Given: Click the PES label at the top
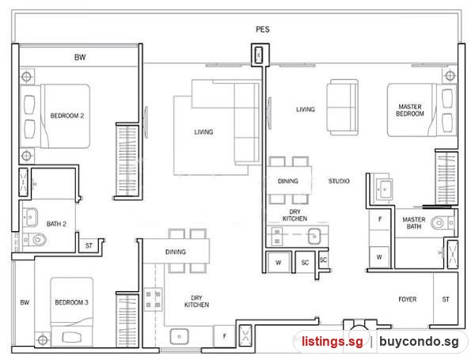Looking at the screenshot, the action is click(262, 29).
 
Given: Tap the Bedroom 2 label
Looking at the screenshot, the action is click(67, 116).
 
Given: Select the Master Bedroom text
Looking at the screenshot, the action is click(410, 110).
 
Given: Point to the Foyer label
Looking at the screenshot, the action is click(408, 299).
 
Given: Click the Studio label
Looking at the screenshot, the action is click(339, 181).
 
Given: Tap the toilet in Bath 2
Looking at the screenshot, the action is click(35, 240).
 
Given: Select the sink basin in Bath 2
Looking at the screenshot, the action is click(30, 217).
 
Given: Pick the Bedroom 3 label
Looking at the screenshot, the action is click(71, 302).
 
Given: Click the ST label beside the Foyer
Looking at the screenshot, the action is click(445, 299).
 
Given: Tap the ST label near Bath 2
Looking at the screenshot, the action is click(89, 245).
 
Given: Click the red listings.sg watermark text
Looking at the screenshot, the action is click(332, 341).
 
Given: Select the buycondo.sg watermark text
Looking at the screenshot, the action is click(419, 341).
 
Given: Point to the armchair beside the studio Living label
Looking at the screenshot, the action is click(342, 107).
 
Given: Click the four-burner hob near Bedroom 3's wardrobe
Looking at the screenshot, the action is click(154, 299).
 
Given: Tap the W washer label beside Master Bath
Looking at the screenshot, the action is click(379, 257).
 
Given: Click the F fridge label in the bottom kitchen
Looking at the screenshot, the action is click(225, 335).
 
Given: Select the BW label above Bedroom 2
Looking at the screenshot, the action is click(80, 57).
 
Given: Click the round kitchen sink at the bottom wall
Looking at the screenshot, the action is click(180, 337).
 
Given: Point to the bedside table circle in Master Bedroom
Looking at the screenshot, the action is click(450, 75).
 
